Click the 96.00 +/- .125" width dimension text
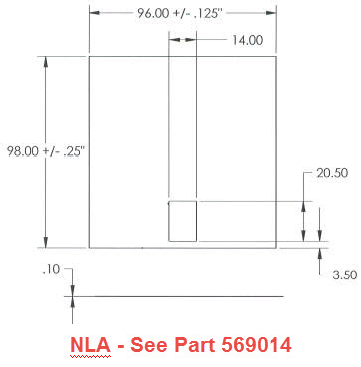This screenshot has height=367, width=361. tap(179, 13)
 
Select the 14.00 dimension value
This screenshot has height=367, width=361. tap(247, 40)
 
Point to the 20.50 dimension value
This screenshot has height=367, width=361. tap(332, 173)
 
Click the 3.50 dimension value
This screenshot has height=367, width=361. tap(345, 275)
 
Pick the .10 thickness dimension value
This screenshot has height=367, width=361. tap(51, 270)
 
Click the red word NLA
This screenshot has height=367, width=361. tap(90, 345)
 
